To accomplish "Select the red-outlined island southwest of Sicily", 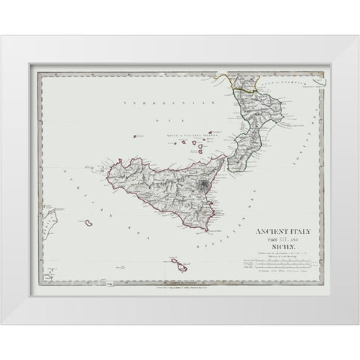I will pyautogui.click(x=89, y=223).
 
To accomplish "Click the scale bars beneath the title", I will pyautogui.click(x=271, y=265).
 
